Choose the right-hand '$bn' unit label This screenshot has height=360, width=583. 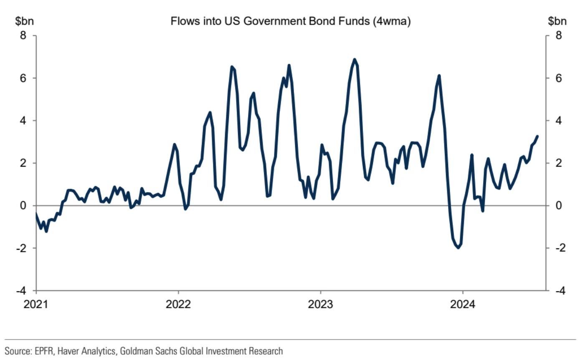(557, 22)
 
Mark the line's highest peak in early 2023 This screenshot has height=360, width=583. (355, 59)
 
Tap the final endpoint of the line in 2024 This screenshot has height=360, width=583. (537, 136)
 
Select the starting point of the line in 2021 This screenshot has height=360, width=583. (36, 214)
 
